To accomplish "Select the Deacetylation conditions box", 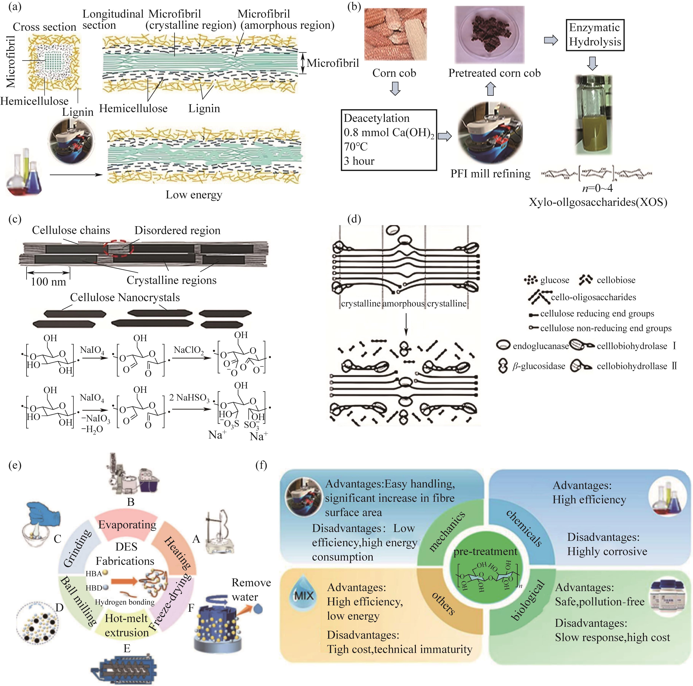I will [388, 140].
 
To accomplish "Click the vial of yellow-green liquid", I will [593, 115].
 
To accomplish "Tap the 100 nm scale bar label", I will [49, 281].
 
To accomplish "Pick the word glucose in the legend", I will [555, 280].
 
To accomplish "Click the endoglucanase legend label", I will [541, 346].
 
